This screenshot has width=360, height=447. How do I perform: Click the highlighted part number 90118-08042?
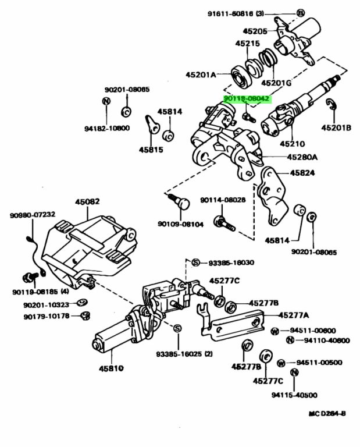point(247,100)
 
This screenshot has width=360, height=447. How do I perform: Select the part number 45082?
point(87,202)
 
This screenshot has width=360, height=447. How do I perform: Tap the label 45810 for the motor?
point(111,368)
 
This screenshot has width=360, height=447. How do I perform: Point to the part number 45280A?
point(302,157)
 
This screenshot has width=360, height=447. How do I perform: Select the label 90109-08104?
point(181,223)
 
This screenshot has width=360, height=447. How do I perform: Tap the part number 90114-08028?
point(223,200)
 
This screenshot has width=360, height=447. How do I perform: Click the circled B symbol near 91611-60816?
point(300,13)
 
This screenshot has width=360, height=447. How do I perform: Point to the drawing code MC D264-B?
point(327,414)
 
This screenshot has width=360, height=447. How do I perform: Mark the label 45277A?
point(293,315)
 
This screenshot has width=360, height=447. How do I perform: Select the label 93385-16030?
point(231,262)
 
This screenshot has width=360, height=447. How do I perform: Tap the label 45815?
point(152,150)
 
